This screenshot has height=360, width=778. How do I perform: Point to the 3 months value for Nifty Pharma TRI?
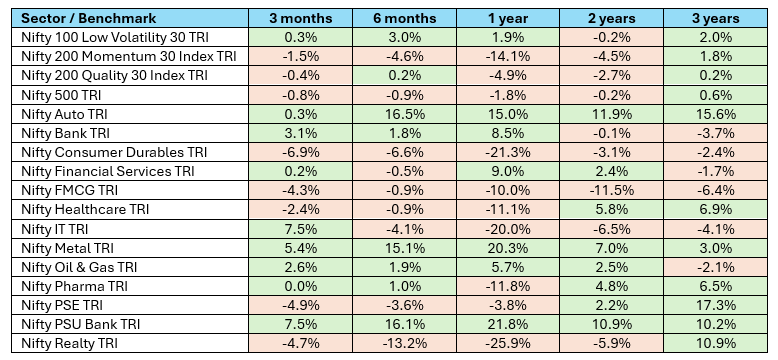tap(294, 287)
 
